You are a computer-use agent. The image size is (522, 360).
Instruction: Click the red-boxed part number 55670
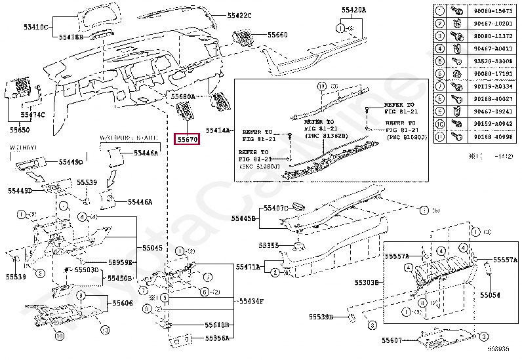pos(187,140)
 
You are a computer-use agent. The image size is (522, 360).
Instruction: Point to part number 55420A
pos(354,10)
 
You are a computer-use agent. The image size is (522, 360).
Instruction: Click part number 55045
pos(152,248)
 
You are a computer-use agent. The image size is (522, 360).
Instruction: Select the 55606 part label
pos(122,304)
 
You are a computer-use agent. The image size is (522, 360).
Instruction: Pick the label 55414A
pos(218,130)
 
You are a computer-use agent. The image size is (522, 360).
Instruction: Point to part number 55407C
pos(276,208)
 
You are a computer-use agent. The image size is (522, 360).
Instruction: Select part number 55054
pos(489,296)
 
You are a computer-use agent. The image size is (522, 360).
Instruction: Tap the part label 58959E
pos(121,262)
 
